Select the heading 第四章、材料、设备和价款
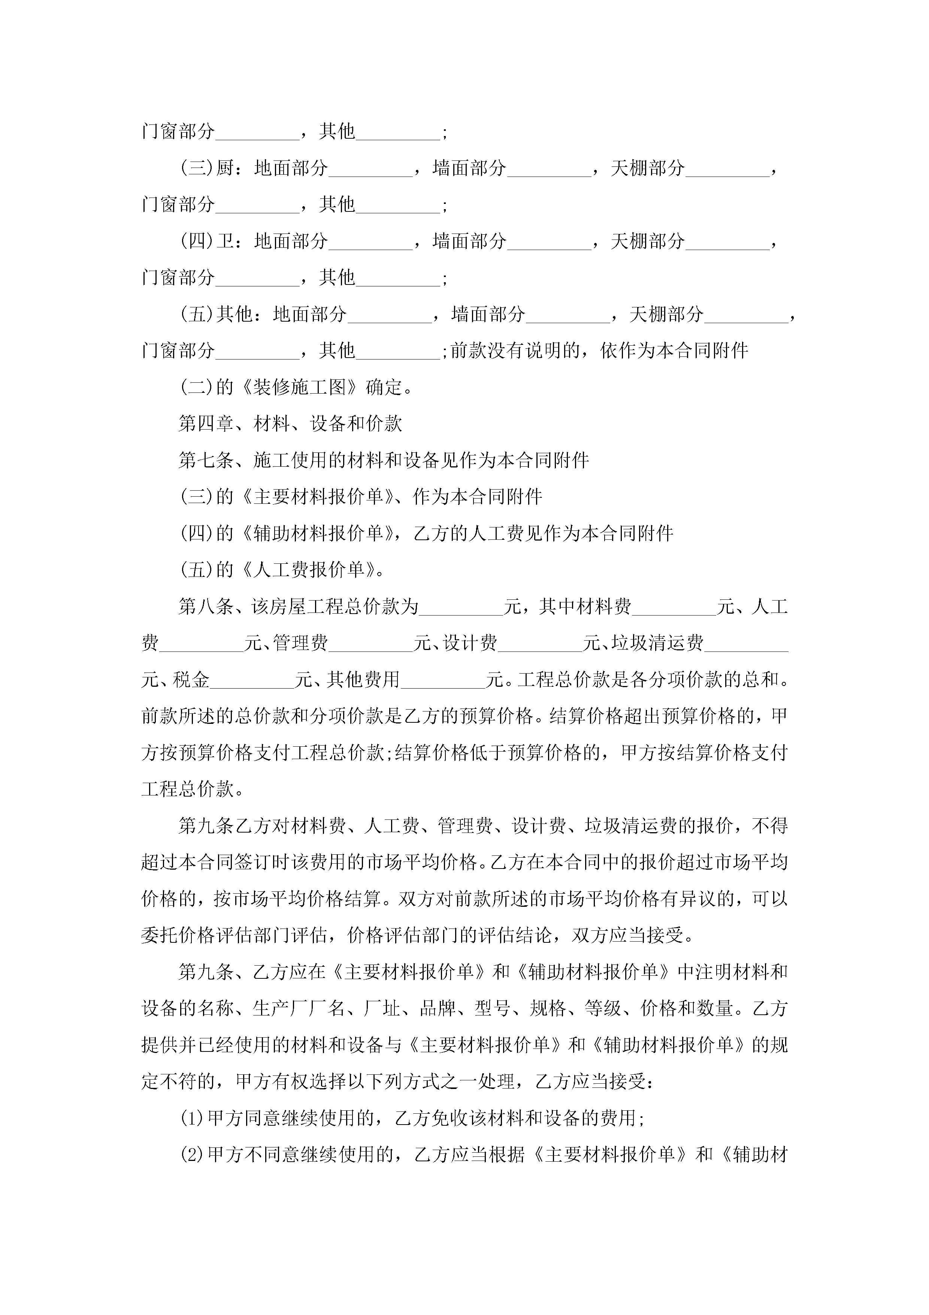pyautogui.click(x=290, y=424)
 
